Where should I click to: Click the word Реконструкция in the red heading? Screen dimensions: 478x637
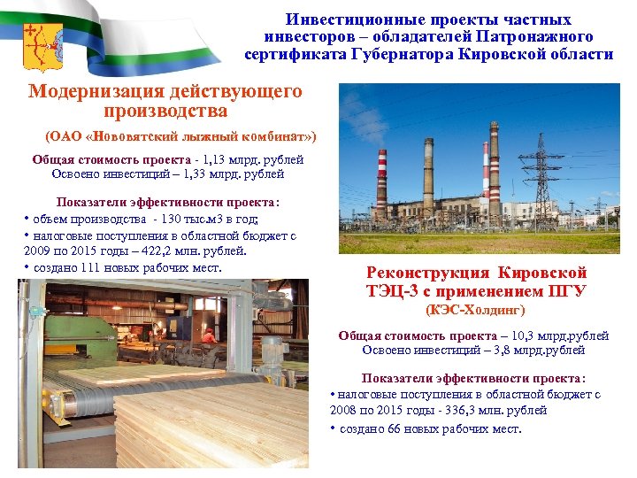pos(428,273)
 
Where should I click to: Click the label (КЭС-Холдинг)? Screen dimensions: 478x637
pos(475,310)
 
